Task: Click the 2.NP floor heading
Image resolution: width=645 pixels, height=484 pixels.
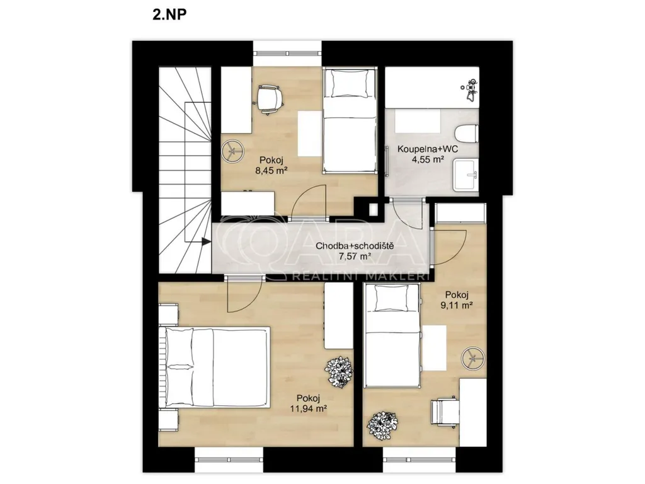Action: click(169, 14)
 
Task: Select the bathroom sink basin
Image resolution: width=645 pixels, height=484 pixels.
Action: click(466, 176)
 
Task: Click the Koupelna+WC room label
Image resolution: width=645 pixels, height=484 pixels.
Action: click(428, 149)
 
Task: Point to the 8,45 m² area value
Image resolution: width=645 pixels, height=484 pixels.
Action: click(271, 170)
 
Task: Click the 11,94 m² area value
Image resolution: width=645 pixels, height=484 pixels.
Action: click(311, 408)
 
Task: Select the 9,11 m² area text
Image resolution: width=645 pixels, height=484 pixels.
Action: click(457, 306)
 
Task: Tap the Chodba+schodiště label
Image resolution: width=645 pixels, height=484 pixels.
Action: click(355, 246)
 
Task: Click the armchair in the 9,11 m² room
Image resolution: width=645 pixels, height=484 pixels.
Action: click(445, 412)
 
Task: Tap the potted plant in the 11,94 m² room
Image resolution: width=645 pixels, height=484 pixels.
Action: click(338, 372)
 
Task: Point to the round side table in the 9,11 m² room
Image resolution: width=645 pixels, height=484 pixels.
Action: click(472, 358)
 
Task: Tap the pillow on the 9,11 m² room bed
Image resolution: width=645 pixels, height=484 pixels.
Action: click(392, 298)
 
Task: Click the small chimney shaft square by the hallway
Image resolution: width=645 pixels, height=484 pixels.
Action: click(374, 209)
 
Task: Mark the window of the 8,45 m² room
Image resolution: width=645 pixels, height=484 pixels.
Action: click(287, 54)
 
